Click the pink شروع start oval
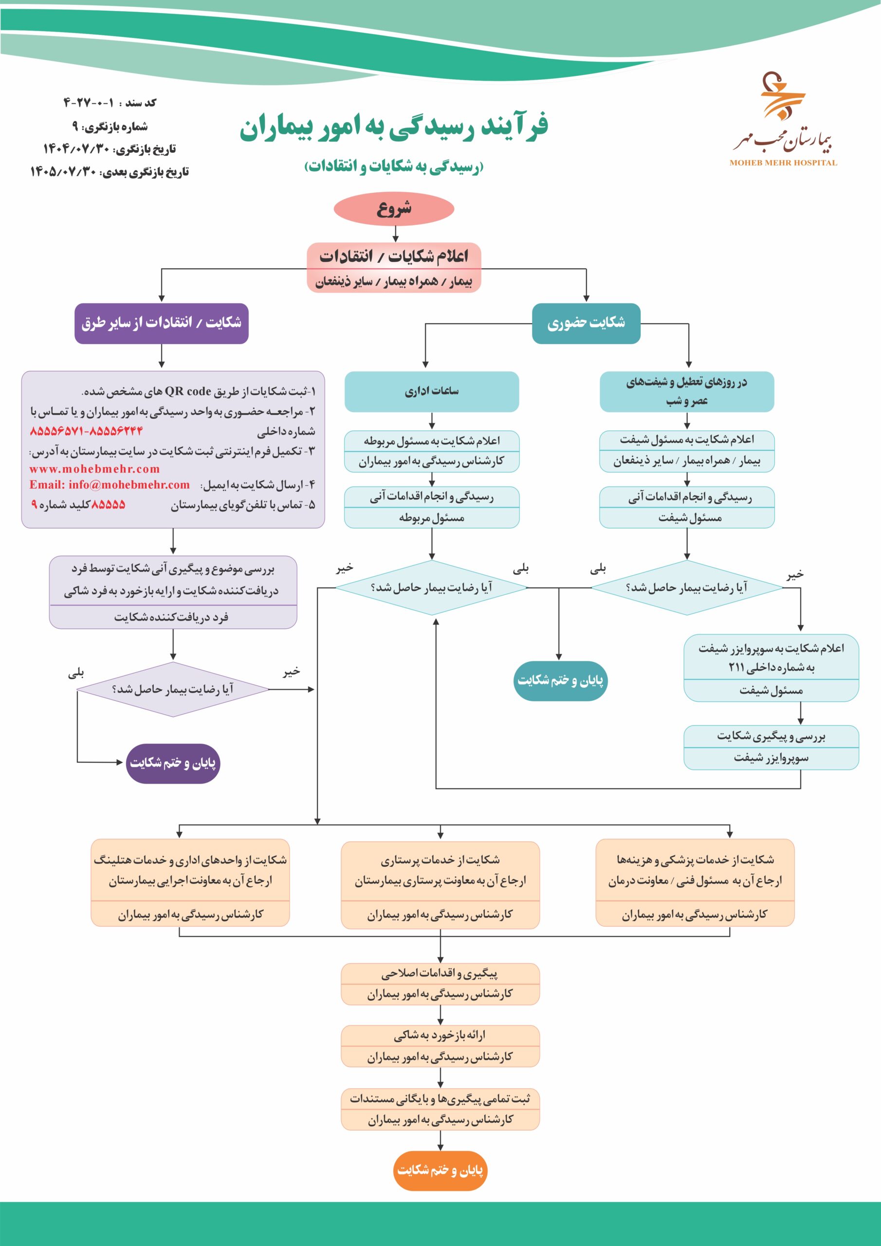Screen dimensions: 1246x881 click(x=394, y=208)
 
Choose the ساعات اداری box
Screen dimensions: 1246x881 click(x=432, y=391)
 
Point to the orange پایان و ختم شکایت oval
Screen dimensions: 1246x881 click(x=440, y=1171)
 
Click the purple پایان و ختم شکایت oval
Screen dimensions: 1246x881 click(x=173, y=763)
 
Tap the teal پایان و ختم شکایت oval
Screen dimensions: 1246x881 click(x=560, y=680)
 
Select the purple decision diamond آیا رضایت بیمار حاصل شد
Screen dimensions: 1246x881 click(x=173, y=689)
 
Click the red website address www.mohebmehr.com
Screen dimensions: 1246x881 click(x=94, y=469)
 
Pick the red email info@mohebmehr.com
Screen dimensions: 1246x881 click(x=110, y=485)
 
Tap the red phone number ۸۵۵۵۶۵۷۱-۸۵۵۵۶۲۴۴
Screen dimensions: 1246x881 click(x=86, y=431)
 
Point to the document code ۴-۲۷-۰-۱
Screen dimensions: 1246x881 click(x=89, y=103)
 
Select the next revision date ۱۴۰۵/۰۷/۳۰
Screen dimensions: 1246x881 click(x=63, y=172)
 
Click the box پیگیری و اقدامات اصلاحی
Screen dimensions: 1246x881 click(x=440, y=983)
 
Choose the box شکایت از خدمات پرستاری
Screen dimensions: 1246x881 click(x=440, y=884)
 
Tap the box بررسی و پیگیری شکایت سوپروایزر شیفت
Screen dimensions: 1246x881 click(x=771, y=747)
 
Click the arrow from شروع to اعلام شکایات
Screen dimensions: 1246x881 click(x=395, y=234)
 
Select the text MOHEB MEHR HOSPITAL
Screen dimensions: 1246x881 click(x=783, y=163)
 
